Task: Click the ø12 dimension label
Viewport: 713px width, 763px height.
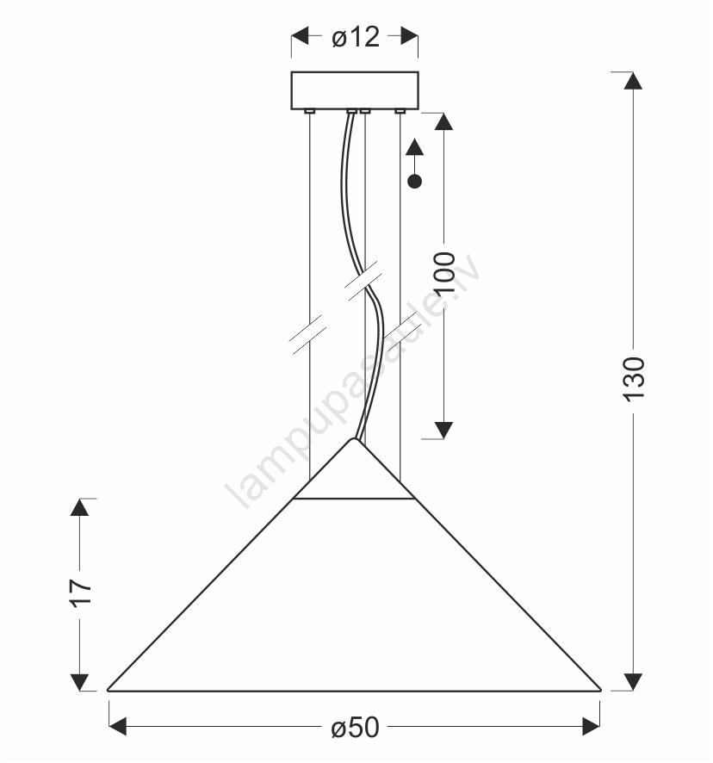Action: (x=356, y=36)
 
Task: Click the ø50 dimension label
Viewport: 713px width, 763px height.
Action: (x=355, y=728)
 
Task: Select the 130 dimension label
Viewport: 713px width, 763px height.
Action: (x=634, y=380)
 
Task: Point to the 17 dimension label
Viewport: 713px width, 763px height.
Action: (x=80, y=592)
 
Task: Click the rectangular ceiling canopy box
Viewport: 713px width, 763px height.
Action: (x=355, y=90)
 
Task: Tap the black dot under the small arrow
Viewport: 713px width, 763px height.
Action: (x=415, y=182)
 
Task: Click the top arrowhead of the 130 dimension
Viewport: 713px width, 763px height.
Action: (x=633, y=80)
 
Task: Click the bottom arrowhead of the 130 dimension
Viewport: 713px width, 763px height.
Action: (x=633, y=682)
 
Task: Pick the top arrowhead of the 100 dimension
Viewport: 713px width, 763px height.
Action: (x=443, y=121)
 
